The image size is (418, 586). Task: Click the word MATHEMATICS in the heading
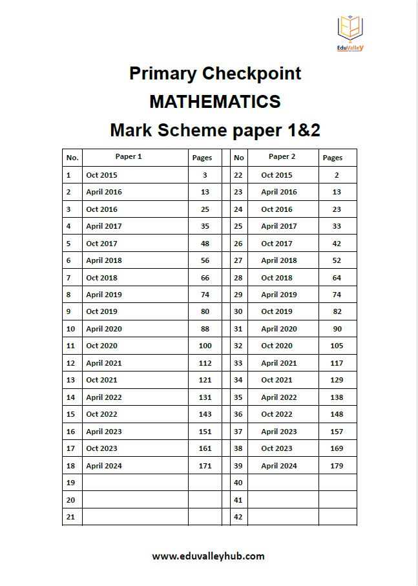(x=214, y=102)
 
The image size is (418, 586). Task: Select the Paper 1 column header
(x=129, y=157)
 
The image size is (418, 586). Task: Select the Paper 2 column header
(x=282, y=157)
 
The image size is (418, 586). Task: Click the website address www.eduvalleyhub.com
(x=208, y=556)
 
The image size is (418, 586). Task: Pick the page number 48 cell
(x=205, y=244)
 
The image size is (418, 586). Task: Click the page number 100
(x=205, y=346)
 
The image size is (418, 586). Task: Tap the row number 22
(x=238, y=175)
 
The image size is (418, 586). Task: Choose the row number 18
(x=70, y=466)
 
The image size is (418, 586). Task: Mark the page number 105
(x=337, y=346)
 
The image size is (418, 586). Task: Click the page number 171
(x=205, y=466)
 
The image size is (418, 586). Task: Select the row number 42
(x=238, y=517)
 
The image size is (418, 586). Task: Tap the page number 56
(x=205, y=260)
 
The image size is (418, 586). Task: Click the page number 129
(x=337, y=381)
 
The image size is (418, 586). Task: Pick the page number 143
(x=205, y=415)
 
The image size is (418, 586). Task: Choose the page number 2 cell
(x=337, y=175)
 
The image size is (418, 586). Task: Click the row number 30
(x=238, y=312)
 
